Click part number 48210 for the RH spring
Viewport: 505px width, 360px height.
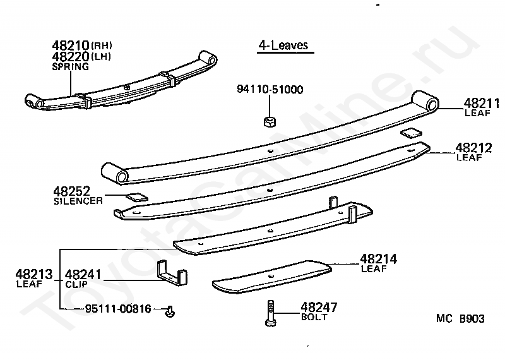click(71, 46)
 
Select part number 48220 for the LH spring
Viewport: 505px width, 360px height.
click(71, 56)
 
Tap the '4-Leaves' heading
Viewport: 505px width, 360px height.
click(283, 45)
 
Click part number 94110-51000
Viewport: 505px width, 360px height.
click(270, 90)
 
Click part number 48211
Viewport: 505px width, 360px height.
click(482, 103)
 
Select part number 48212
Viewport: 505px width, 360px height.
click(473, 148)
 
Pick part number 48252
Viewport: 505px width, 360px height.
click(71, 191)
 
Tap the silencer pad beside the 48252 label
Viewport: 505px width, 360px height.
click(136, 196)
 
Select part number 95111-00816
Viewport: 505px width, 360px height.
click(118, 309)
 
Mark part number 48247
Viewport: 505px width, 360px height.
click(319, 308)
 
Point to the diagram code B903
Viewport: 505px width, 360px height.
click(472, 319)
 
